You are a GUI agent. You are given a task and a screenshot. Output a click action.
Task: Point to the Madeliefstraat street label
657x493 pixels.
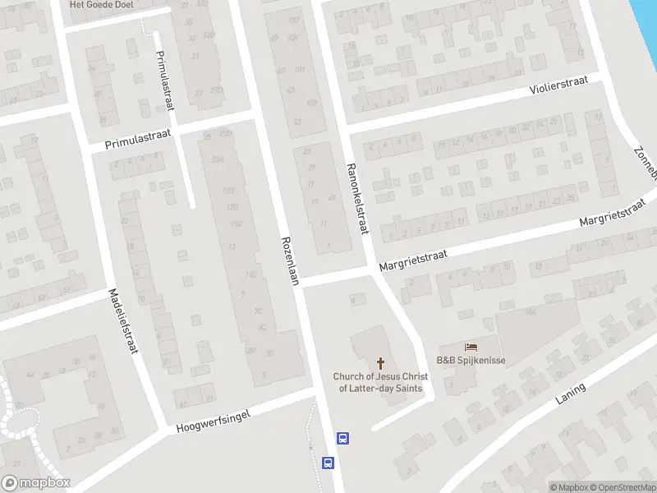(122, 321)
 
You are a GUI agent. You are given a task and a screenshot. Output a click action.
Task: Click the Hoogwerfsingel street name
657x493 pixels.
(213, 421)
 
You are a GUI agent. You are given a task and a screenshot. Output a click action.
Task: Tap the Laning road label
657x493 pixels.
(570, 394)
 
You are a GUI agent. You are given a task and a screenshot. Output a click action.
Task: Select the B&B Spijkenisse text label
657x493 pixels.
(471, 361)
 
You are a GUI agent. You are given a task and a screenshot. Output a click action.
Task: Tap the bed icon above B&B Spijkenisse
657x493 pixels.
(471, 348)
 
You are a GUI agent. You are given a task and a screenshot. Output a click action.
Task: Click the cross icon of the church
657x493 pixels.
(380, 362)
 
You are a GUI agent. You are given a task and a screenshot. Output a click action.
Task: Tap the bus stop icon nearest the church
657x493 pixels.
(342, 438)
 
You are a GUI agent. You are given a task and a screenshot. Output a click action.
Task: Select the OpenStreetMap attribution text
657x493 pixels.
(621, 487)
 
